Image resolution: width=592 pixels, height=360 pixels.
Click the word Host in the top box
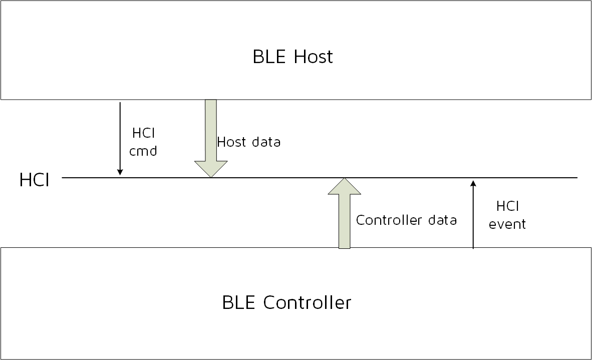313,57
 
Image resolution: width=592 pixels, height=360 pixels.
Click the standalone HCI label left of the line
34,180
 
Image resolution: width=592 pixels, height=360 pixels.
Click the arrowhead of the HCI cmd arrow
120,173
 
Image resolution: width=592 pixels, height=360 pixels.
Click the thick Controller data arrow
344,220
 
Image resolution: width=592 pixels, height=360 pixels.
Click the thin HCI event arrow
473,215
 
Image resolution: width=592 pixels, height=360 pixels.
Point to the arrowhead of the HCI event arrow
473,183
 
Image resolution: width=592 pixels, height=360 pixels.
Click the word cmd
143,151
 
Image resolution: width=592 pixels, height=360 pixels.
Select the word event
507,224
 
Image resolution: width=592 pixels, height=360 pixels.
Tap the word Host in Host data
232,142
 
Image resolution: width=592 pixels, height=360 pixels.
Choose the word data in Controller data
444,220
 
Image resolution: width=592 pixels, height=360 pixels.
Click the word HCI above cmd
143,133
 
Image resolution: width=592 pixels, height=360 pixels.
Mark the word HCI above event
507,206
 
